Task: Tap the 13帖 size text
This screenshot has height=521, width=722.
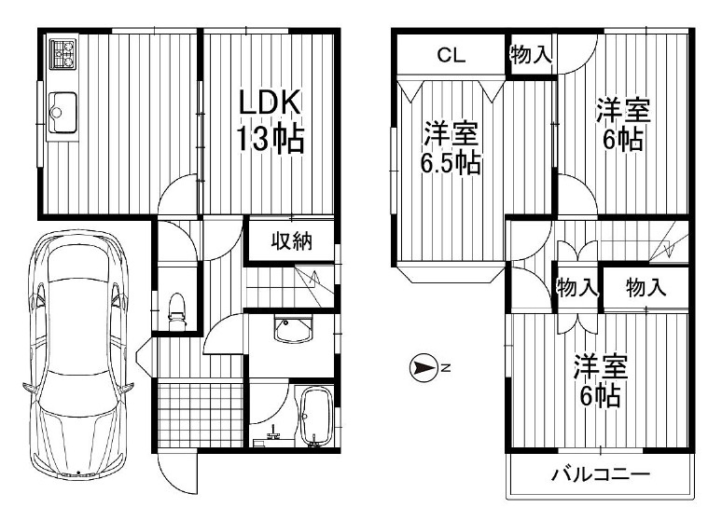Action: tap(268, 139)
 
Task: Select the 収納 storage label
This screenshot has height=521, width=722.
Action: tap(290, 241)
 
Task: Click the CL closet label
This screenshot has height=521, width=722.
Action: tap(451, 55)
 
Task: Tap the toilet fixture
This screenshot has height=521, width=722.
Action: tap(176, 308)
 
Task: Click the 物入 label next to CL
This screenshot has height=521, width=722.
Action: tap(531, 55)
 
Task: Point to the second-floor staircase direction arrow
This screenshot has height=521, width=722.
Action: tap(664, 247)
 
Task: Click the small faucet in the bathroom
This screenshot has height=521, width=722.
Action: tap(273, 432)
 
